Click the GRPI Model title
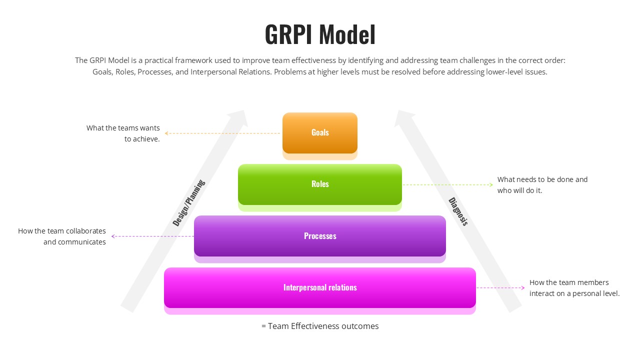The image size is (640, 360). [x=320, y=34]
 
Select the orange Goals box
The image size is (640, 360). [x=320, y=132]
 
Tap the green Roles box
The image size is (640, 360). [x=320, y=184]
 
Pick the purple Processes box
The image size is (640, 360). [x=320, y=236]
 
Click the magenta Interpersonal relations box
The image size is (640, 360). [x=320, y=287]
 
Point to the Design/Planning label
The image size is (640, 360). [x=189, y=203]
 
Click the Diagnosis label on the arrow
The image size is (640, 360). [x=458, y=211]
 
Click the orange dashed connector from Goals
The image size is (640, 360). [x=222, y=133]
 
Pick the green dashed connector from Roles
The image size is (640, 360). [x=447, y=185]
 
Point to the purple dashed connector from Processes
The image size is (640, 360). [x=152, y=236]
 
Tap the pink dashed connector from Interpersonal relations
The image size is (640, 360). [x=500, y=288]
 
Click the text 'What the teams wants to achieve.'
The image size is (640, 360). [x=123, y=133]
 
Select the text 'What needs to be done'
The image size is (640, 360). [x=542, y=179]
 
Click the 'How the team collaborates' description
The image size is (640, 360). [x=62, y=231]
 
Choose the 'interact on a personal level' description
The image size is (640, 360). [x=574, y=293]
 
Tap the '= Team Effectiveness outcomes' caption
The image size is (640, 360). [x=320, y=326]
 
